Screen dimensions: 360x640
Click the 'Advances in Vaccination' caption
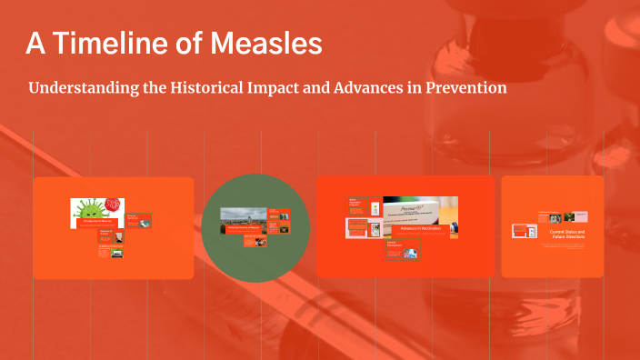click(x=419, y=227)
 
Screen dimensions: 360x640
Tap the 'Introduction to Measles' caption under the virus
click(x=96, y=222)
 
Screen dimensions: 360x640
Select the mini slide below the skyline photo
click(x=255, y=241)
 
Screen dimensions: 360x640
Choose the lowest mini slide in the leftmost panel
click(x=111, y=252)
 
